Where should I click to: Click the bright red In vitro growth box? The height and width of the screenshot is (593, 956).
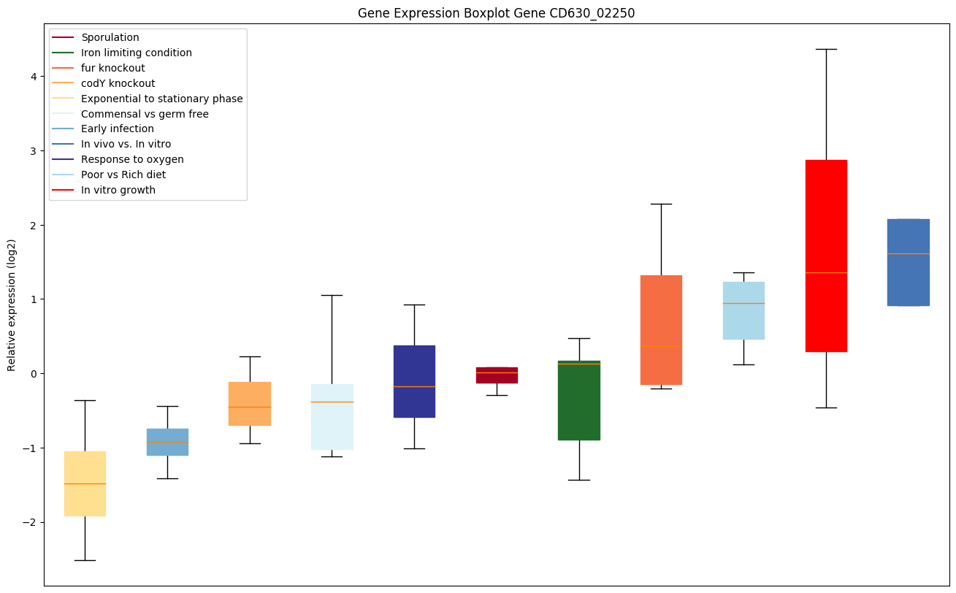[826, 256]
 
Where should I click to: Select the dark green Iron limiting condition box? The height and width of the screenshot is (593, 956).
[579, 400]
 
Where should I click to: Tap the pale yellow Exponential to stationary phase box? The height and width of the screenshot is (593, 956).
[85, 483]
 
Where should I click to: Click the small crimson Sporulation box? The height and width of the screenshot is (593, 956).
[497, 375]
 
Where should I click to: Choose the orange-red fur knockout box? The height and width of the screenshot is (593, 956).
[661, 329]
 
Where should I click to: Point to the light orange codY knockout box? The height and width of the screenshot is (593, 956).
[250, 403]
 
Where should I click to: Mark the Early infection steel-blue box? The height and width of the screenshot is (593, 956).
[167, 442]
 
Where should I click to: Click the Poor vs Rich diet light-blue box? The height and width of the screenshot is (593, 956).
[743, 310]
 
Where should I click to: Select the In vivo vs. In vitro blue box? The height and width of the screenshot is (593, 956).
[908, 262]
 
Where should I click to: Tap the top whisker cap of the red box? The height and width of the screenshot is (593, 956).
[826, 49]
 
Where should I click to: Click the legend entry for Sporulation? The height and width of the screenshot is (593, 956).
[110, 37]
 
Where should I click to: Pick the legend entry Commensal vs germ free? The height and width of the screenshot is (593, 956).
[145, 114]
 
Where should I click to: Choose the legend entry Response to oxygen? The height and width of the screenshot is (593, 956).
[132, 159]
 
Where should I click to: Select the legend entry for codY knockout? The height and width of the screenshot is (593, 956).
[118, 83]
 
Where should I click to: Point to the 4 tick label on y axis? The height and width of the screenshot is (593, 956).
[33, 76]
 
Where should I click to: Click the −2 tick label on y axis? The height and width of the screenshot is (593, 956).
[30, 522]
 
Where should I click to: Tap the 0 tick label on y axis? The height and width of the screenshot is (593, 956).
[33, 373]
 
